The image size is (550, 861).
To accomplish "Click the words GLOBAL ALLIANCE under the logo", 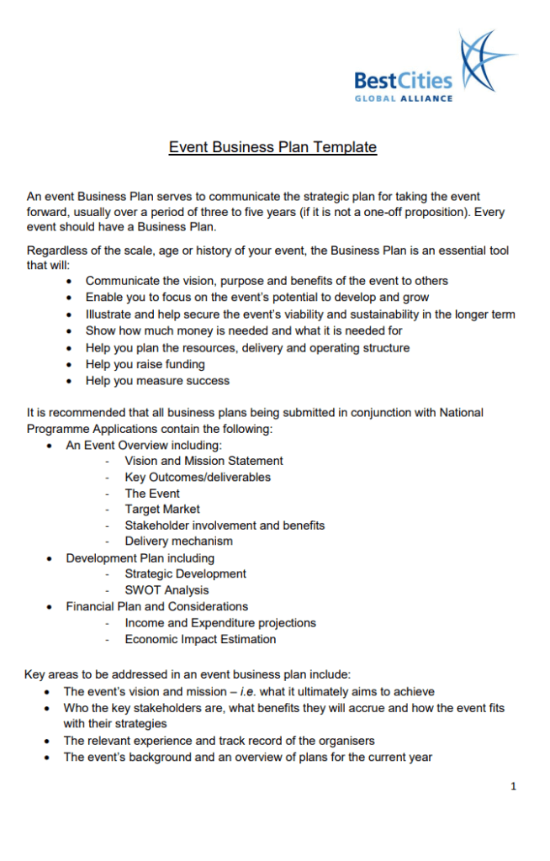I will [x=403, y=98].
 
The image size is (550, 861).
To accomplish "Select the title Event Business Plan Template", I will [x=272, y=148].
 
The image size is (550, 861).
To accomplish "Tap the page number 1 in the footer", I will [x=513, y=786].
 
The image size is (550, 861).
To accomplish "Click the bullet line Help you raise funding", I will [x=145, y=364].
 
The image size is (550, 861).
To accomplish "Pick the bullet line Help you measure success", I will [x=157, y=381].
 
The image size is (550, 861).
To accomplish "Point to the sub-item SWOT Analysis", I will [x=167, y=590].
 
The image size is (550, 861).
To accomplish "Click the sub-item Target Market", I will [x=162, y=509].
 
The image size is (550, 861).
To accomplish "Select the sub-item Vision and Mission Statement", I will [x=204, y=461].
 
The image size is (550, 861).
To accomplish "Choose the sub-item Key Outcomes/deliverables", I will [x=198, y=477].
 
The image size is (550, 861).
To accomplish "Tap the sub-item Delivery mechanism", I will [x=178, y=541].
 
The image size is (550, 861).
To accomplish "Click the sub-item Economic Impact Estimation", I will [x=200, y=639].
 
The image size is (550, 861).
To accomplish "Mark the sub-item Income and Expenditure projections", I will [x=220, y=623].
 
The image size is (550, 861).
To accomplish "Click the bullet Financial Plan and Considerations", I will [x=157, y=606].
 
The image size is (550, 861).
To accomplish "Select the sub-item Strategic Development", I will [x=185, y=573].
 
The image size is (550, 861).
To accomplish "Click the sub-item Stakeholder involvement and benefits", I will [x=225, y=526].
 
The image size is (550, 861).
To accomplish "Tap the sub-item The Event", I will [x=152, y=494].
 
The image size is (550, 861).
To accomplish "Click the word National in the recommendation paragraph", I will [x=460, y=413].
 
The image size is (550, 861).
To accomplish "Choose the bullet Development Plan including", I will [x=140, y=558].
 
